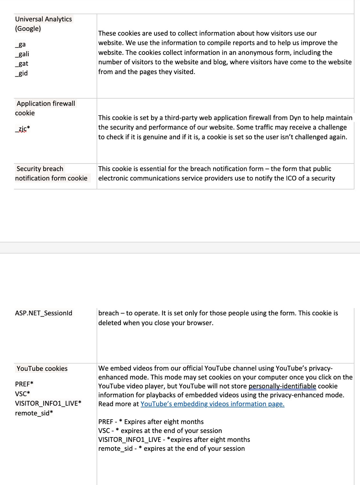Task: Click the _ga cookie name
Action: click(20, 44)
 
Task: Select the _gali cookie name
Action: click(22, 54)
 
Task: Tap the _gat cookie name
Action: click(22, 64)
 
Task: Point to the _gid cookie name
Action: click(21, 73)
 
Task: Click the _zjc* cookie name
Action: click(22, 129)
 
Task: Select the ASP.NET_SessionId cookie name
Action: click(44, 313)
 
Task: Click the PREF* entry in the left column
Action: click(24, 384)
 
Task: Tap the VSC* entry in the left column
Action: click(22, 394)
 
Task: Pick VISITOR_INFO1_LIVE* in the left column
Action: click(48, 404)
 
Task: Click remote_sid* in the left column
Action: click(34, 413)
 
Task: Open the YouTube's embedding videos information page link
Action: click(212, 404)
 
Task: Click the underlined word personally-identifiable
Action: click(282, 386)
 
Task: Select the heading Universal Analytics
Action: click(43, 19)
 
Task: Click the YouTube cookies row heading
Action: click(42, 369)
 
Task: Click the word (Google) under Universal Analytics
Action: click(28, 28)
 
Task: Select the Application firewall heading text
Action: click(46, 103)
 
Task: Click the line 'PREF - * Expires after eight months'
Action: click(151, 422)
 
